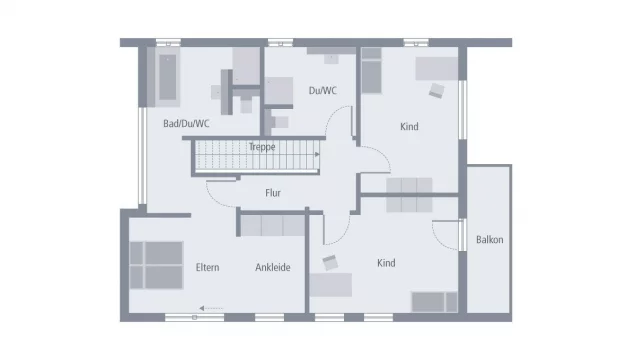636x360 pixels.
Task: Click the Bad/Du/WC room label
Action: [x=186, y=124]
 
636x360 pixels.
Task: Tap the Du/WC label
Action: [x=323, y=91]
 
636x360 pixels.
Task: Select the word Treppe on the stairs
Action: [x=262, y=147]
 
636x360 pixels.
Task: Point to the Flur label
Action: [x=273, y=193]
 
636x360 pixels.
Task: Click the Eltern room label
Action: [x=207, y=268]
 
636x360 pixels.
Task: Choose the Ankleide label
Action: [x=273, y=268]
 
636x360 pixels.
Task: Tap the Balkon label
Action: [x=490, y=240]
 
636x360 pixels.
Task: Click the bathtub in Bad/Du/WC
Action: [x=168, y=77]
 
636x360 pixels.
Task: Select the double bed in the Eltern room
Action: [x=157, y=265]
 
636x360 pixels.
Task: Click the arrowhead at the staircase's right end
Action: [x=317, y=154]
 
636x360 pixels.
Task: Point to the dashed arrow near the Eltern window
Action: [x=211, y=309]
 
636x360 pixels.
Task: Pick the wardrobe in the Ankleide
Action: [x=272, y=225]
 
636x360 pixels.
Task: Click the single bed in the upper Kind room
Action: [x=372, y=71]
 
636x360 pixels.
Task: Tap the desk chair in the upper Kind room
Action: [x=436, y=91]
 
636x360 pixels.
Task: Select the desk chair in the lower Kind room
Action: [x=330, y=263]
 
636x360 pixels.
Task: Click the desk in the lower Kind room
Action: [x=331, y=285]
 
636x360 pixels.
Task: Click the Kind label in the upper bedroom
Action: [x=409, y=127]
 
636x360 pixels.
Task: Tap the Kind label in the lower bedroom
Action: [x=386, y=263]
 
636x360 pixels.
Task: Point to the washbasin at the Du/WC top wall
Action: [x=331, y=58]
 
